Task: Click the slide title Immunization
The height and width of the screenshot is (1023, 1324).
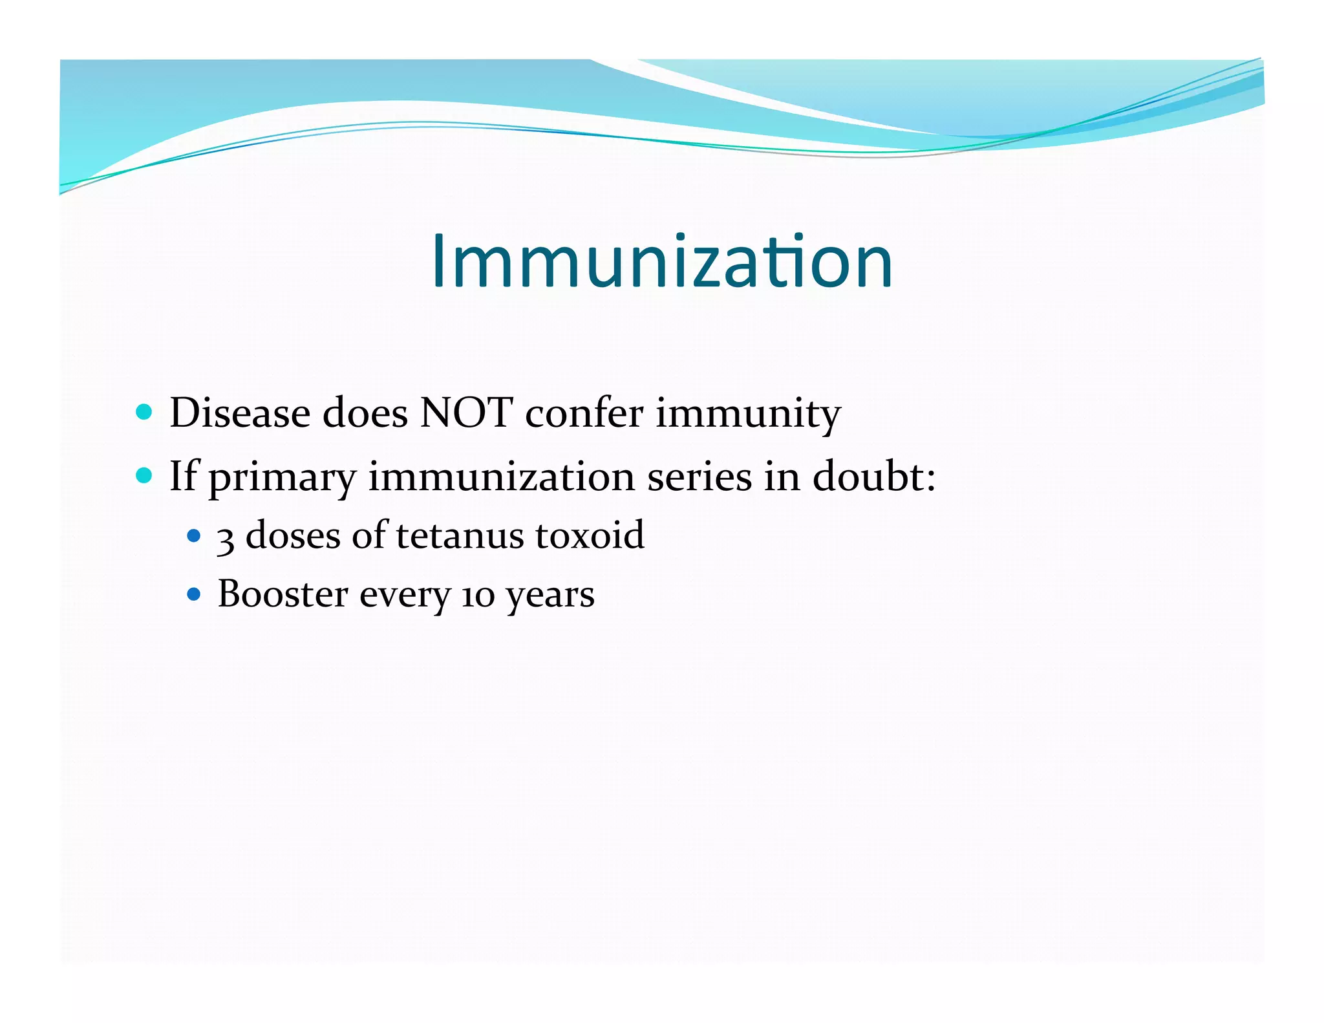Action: coord(662,262)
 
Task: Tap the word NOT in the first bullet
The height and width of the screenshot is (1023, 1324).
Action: coord(466,413)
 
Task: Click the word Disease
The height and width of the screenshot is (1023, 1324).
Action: coord(240,413)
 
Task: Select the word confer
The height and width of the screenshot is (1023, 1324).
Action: coord(584,413)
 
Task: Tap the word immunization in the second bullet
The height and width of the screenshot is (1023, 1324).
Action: coord(502,477)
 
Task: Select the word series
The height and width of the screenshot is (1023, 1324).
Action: coord(699,477)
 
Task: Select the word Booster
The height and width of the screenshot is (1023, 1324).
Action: coord(283,594)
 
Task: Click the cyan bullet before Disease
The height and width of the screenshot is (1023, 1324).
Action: coord(144,412)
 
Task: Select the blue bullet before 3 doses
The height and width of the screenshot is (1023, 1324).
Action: coord(193,535)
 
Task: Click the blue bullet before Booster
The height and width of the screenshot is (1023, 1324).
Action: coord(193,594)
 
